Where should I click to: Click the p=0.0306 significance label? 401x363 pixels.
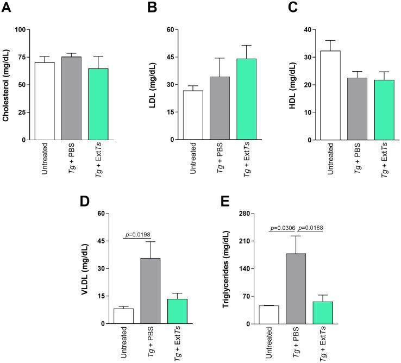pyautogui.click(x=282, y=229)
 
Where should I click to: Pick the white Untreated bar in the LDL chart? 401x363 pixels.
pyautogui.click(x=193, y=115)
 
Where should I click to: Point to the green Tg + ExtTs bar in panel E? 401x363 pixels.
pyautogui.click(x=322, y=312)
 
